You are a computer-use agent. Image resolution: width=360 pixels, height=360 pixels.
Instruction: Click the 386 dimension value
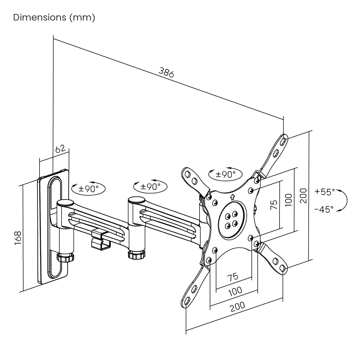click(x=166, y=72)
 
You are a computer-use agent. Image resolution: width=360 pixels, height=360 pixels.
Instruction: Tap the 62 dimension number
click(x=60, y=148)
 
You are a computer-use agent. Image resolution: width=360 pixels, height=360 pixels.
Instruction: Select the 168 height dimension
click(x=18, y=238)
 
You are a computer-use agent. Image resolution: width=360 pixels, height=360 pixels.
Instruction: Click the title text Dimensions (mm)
click(x=54, y=18)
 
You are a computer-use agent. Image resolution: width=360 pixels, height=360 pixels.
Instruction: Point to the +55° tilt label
click(x=324, y=191)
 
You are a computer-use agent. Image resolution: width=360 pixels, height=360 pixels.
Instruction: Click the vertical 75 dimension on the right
click(x=274, y=205)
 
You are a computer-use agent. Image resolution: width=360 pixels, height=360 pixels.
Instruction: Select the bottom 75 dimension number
click(x=233, y=277)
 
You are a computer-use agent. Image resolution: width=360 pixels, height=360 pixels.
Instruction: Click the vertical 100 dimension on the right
click(x=288, y=200)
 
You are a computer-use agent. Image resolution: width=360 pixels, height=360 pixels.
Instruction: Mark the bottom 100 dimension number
click(x=236, y=291)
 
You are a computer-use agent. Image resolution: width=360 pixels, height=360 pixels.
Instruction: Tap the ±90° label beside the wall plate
click(x=88, y=188)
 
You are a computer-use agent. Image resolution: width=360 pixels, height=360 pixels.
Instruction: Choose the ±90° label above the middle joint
click(x=150, y=186)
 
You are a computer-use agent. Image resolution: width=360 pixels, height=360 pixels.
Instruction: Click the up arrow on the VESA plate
click(x=232, y=196)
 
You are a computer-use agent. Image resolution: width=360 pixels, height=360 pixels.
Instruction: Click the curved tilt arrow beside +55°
click(x=345, y=200)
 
